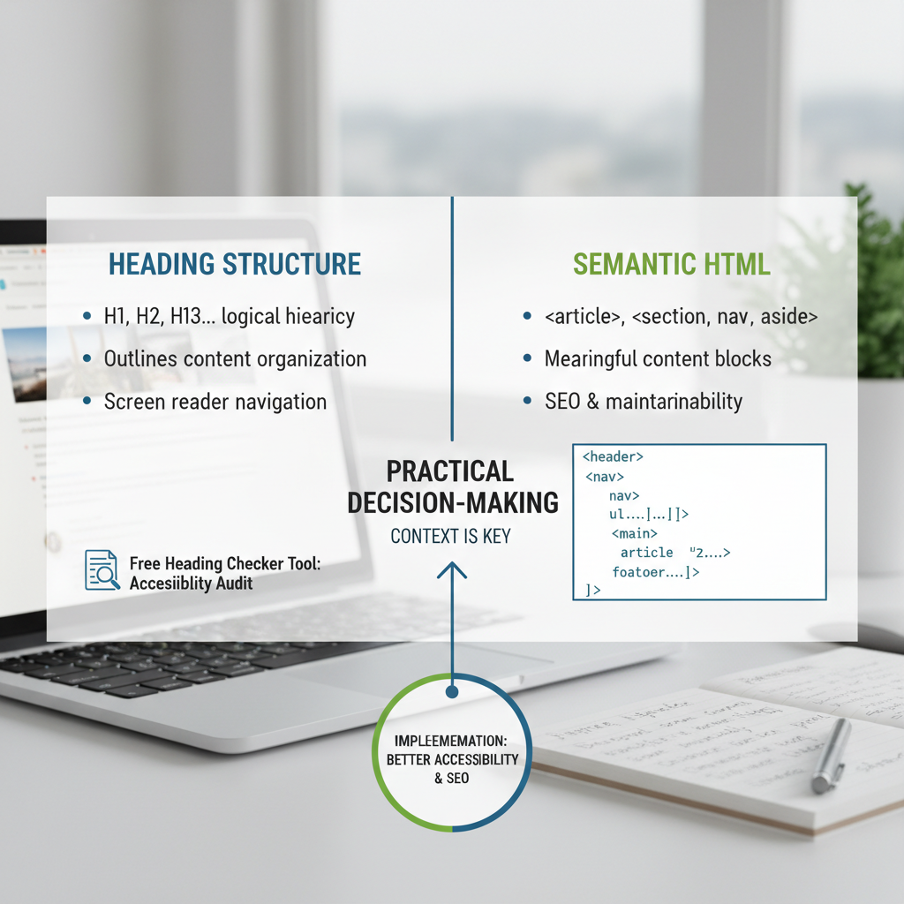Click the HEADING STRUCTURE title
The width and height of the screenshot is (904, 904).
click(234, 264)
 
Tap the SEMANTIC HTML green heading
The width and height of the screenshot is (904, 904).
click(671, 264)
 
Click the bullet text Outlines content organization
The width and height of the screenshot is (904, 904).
click(235, 358)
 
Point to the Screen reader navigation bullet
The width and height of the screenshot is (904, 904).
click(215, 402)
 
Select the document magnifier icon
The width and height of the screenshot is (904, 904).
click(102, 570)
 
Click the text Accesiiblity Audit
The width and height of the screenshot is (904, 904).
click(191, 583)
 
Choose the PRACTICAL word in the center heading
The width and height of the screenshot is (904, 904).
click(450, 471)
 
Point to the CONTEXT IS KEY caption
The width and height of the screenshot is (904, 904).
click(450, 536)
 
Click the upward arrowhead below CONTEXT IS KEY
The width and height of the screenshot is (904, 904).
click(451, 570)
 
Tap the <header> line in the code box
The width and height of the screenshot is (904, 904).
click(613, 457)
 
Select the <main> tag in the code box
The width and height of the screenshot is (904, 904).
click(634, 533)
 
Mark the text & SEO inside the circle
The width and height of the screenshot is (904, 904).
click(451, 778)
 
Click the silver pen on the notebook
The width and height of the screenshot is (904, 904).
click(830, 754)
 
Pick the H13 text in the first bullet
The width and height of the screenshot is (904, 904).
click(194, 316)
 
